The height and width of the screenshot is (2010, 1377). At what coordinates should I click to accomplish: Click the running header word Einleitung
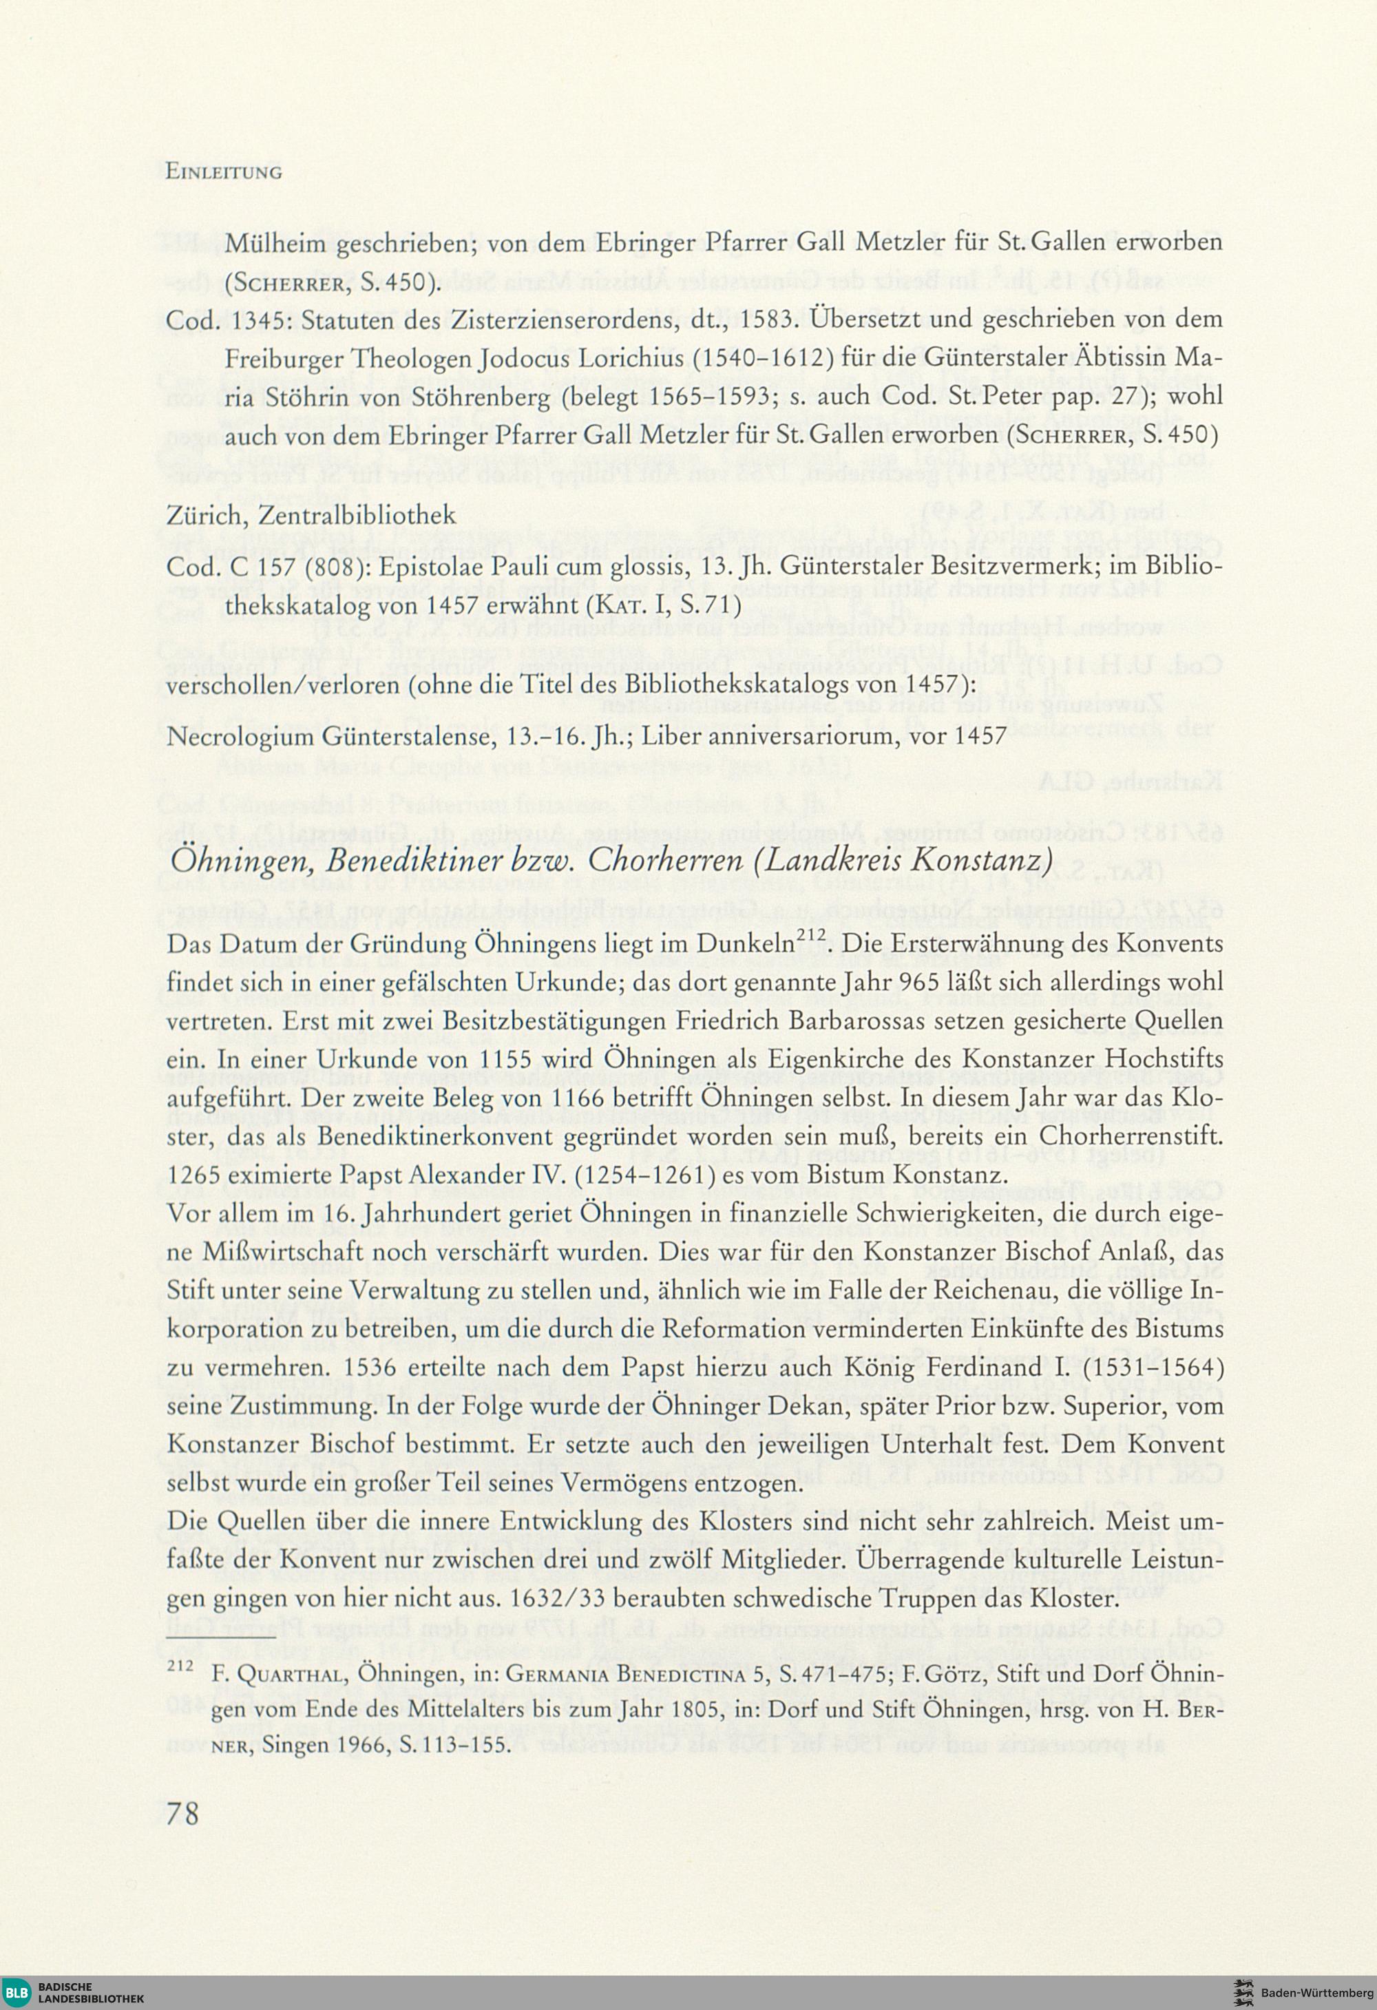pyautogui.click(x=223, y=171)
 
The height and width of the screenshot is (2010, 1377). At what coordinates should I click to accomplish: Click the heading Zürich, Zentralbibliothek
pyautogui.click(x=311, y=516)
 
